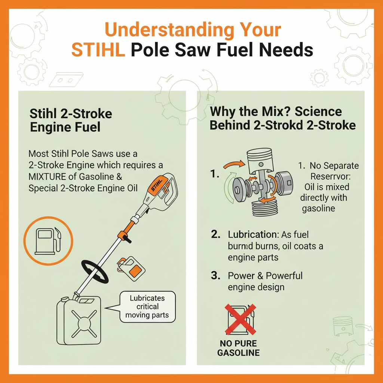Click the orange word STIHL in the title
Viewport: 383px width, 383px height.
(x=98, y=50)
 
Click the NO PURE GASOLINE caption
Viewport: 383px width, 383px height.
(x=238, y=348)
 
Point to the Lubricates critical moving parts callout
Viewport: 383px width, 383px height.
(x=147, y=307)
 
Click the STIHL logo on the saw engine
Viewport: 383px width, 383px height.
(x=157, y=185)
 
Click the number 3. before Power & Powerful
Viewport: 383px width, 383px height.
(x=215, y=276)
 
